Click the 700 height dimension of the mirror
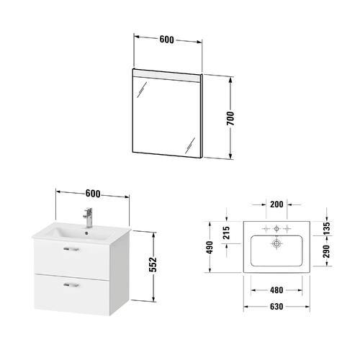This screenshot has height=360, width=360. point(230,118)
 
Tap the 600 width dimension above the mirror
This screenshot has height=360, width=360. point(166,40)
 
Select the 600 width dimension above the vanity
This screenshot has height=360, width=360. point(93,194)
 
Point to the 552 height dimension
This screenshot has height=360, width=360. point(153,264)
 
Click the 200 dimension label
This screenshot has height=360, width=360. point(276,204)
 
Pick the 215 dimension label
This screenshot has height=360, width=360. point(226,233)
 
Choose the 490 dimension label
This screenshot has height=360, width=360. point(210,248)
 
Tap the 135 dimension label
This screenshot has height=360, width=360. point(326,228)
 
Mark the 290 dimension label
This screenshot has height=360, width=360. point(326,251)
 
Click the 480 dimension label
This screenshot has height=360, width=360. point(276,290)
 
